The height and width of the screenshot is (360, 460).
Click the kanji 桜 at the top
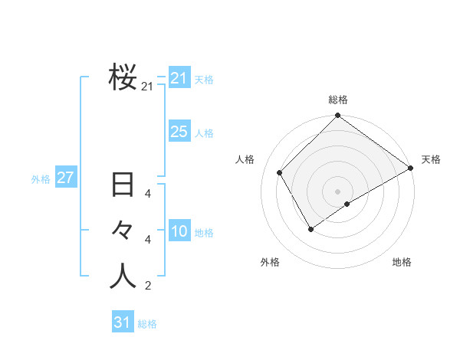[x=123, y=77]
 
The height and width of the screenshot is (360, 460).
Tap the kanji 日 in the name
[x=123, y=186]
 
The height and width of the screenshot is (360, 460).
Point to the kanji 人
[x=123, y=277]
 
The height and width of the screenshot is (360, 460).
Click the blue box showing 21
[x=179, y=78]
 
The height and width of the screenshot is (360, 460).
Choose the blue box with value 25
[x=179, y=132]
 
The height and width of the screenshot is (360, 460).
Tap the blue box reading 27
[x=65, y=178]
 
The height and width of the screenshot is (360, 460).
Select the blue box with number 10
[x=179, y=232]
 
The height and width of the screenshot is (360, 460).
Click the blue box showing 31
[x=122, y=322]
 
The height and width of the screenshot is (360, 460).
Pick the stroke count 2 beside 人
[x=148, y=286]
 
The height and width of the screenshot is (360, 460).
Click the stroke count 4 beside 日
[x=148, y=194]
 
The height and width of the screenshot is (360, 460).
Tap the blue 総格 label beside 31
[x=147, y=324]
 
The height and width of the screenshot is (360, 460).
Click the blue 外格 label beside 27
[x=41, y=179]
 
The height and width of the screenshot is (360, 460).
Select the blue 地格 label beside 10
[x=204, y=233]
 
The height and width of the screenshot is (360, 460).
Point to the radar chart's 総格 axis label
[x=337, y=100]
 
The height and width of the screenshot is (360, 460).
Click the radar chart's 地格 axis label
[x=402, y=262]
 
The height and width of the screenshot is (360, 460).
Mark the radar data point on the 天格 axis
[x=410, y=169]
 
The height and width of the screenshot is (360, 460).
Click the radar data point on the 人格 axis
[x=280, y=172]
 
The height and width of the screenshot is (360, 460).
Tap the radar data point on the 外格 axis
[x=310, y=228]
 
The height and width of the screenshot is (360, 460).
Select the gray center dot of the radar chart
[x=337, y=191]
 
